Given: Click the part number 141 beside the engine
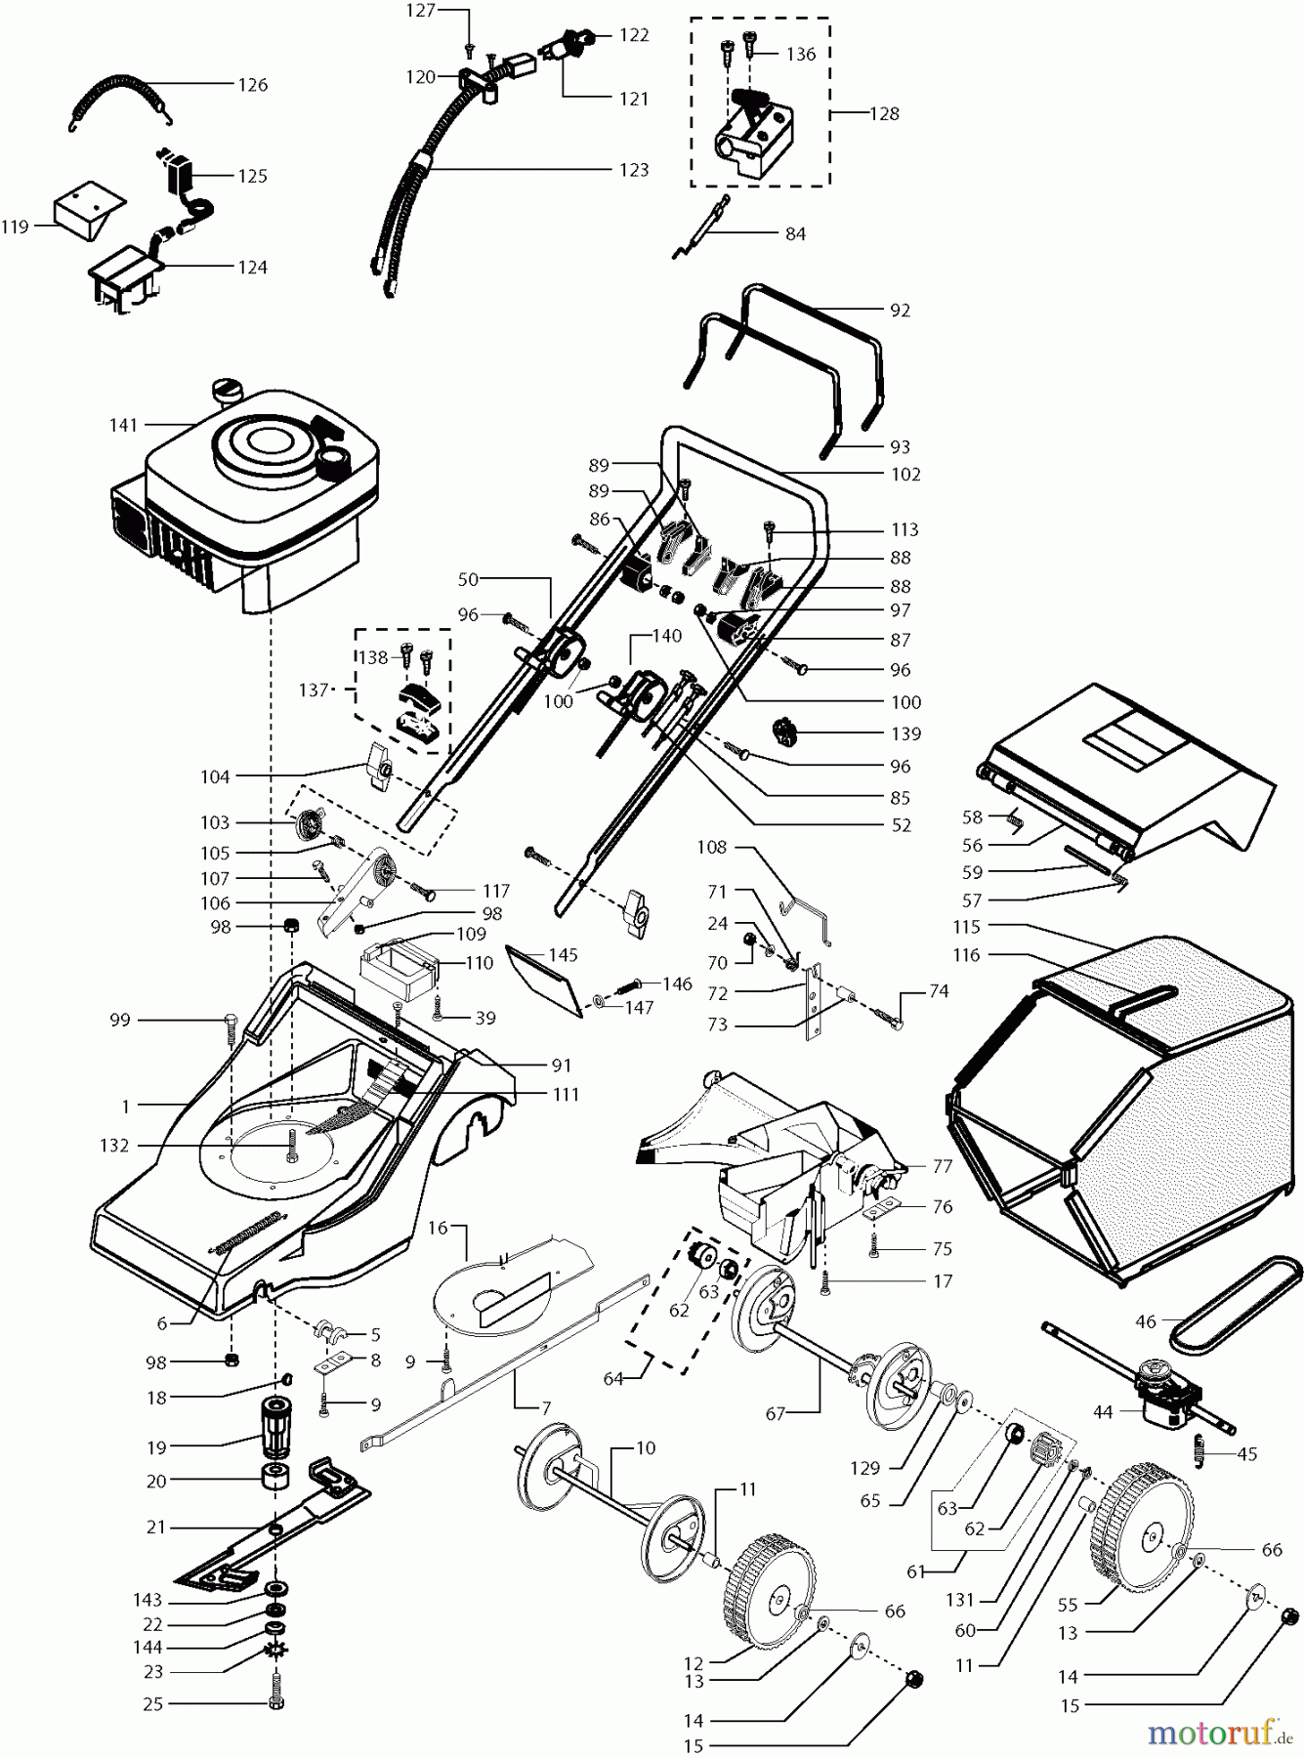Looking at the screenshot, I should point(124,425).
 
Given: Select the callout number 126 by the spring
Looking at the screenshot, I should point(253,85).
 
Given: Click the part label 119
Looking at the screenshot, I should point(15,227).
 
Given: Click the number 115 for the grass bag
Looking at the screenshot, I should point(968,926).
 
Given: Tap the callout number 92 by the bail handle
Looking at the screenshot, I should point(900,311).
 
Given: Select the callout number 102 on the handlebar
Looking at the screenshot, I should point(905,475).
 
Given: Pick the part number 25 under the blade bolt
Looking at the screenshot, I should point(152,1703).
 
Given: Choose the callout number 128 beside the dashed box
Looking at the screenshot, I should point(885,113).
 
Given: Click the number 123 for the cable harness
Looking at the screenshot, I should point(634,170).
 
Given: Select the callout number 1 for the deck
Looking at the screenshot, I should point(126,1106).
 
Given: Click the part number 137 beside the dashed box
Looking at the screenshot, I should point(313,690).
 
